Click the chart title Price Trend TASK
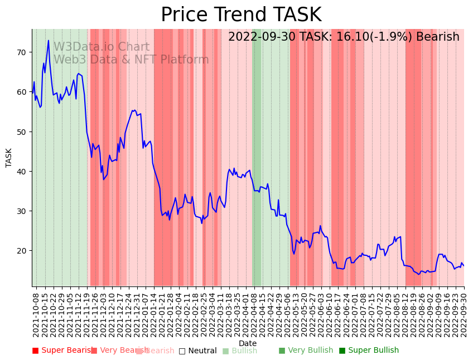click(241, 15)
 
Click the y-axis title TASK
click(9, 158)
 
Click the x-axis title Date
click(248, 343)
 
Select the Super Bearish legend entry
click(62, 351)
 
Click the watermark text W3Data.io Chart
click(101, 47)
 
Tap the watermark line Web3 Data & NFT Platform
click(131, 60)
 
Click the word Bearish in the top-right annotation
click(437, 37)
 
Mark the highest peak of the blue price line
click(49, 40)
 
